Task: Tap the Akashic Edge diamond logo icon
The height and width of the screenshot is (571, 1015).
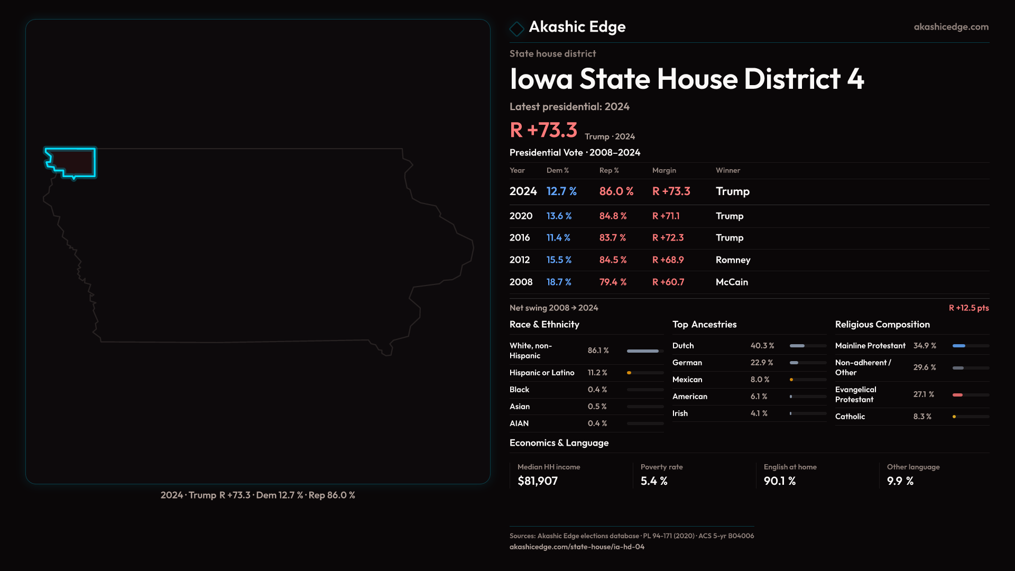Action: (x=516, y=29)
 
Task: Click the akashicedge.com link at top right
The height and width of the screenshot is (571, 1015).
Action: (x=951, y=27)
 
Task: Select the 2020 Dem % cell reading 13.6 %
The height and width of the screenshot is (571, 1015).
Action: (x=559, y=216)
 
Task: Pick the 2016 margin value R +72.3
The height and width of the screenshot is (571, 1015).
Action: (x=668, y=238)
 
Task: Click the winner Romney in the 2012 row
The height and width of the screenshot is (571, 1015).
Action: (x=733, y=260)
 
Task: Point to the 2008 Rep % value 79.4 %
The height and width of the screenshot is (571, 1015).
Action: (x=613, y=282)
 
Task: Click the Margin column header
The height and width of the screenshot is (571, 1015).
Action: (x=664, y=170)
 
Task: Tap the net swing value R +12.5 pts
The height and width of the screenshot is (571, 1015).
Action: (x=968, y=308)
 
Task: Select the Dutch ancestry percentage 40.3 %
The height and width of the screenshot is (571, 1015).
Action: (x=762, y=346)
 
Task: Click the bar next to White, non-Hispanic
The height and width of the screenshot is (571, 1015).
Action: (x=643, y=351)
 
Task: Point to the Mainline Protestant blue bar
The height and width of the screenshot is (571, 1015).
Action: (x=959, y=346)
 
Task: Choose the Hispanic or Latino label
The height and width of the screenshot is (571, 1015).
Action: (x=542, y=373)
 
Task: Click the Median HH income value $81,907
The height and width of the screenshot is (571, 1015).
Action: (x=538, y=481)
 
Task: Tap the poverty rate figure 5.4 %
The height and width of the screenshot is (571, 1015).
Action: (x=654, y=481)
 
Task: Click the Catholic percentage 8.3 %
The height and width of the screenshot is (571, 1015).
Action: (x=922, y=417)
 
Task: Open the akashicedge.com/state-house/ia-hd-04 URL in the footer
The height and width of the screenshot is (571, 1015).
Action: (x=577, y=547)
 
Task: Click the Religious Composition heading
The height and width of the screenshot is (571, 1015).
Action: (x=882, y=325)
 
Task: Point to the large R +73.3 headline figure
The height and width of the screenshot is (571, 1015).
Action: (x=543, y=130)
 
